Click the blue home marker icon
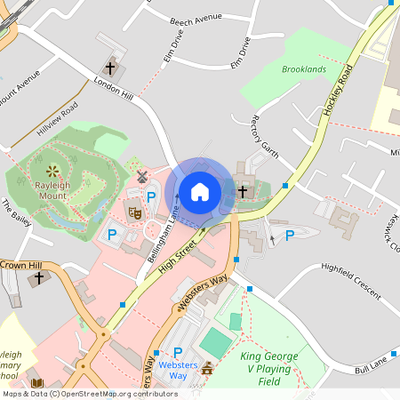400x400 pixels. pyautogui.click(x=200, y=190)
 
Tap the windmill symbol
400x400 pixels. pyautogui.click(x=140, y=178)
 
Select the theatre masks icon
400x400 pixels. pyautogui.click(x=135, y=212)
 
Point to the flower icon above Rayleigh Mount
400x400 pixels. pyautogui.click(x=52, y=169)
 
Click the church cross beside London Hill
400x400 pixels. pyautogui.click(x=111, y=68)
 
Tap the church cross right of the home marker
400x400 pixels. pyautogui.click(x=242, y=190)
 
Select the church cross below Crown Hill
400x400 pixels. pyautogui.click(x=37, y=279)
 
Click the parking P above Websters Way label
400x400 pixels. pyautogui.click(x=178, y=353)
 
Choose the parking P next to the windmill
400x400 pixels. pyautogui.click(x=151, y=197)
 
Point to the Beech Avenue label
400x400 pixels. pyautogui.click(x=196, y=17)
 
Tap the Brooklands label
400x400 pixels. pyautogui.click(x=304, y=69)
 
